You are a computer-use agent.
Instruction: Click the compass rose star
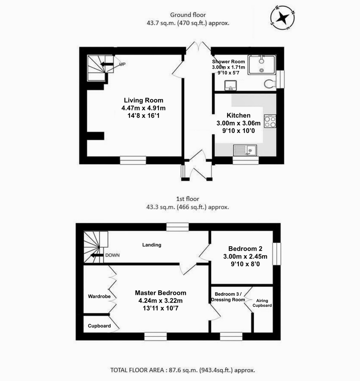click(x=283, y=18)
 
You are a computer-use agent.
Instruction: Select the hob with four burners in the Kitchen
click(x=270, y=121)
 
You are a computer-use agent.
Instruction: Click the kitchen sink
click(x=245, y=150)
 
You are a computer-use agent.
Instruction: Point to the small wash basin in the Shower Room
click(x=230, y=85)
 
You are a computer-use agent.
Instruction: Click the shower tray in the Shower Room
click(x=262, y=65)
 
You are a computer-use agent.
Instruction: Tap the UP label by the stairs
click(x=122, y=64)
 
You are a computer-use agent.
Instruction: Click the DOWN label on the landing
click(x=112, y=255)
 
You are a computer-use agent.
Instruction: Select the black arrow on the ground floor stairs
click(x=107, y=64)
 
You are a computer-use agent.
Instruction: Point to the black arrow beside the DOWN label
click(x=97, y=255)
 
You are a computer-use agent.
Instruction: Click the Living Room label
click(x=144, y=100)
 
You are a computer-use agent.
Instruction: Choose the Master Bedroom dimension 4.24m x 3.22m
click(x=160, y=301)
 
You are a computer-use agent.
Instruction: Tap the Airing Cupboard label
click(x=262, y=303)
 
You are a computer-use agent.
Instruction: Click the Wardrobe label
click(x=99, y=296)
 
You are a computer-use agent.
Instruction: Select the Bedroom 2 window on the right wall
click(x=277, y=254)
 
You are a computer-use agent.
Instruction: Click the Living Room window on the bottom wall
click(x=133, y=160)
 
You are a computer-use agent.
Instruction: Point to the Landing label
click(x=152, y=245)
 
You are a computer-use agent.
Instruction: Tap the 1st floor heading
click(x=187, y=199)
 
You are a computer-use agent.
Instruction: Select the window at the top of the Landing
click(x=178, y=227)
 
